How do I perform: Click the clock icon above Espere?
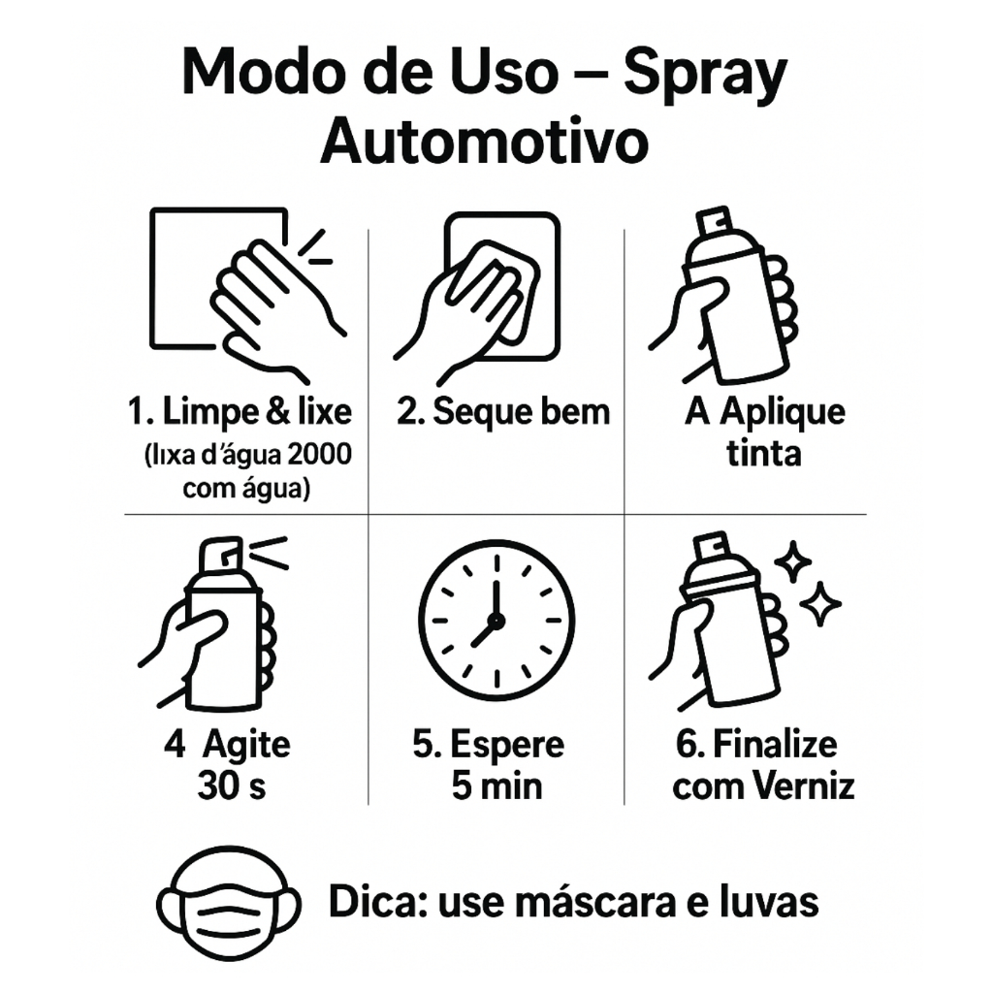point(496,621)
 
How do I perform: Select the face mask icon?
point(229,903)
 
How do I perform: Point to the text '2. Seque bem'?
point(503,411)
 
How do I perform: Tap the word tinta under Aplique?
point(764,454)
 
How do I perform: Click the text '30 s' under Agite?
point(231,785)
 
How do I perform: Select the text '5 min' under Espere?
point(497,786)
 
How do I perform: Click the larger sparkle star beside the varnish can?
point(820,604)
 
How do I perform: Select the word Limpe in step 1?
point(209,412)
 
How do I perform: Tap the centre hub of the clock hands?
point(496,621)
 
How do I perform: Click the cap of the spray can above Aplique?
point(715,223)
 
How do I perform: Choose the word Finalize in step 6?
point(775,744)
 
